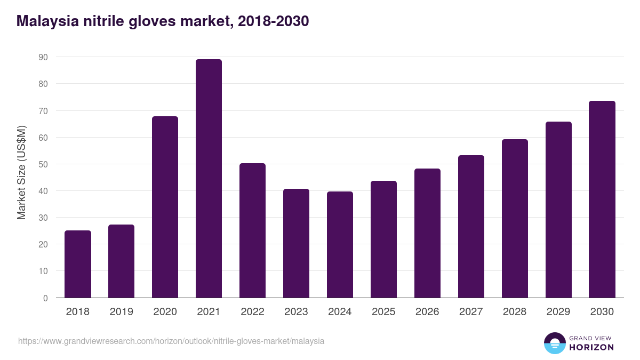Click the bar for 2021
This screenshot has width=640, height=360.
coord(209,179)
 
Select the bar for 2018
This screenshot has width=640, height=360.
coord(78,264)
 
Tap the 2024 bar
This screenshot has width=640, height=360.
coord(340,245)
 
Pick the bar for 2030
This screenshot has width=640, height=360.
coord(602,199)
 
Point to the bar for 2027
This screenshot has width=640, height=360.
coord(471,227)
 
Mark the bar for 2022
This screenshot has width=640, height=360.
coord(252,230)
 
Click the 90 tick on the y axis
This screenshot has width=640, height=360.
coord(43,57)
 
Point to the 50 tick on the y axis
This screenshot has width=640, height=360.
coord(43,164)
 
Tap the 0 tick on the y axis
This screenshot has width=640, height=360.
coord(46,298)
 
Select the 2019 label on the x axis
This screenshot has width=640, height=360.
coord(122,312)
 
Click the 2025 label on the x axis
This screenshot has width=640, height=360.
coord(383,312)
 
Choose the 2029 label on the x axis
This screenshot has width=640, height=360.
coord(558,312)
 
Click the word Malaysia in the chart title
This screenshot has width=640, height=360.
coord(46,21)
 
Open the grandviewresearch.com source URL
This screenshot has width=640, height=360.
coord(171,341)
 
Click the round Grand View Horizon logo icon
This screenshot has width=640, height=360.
coord(555,343)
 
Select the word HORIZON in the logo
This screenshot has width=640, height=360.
coord(591,347)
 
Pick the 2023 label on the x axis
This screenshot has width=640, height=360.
coord(296,312)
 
